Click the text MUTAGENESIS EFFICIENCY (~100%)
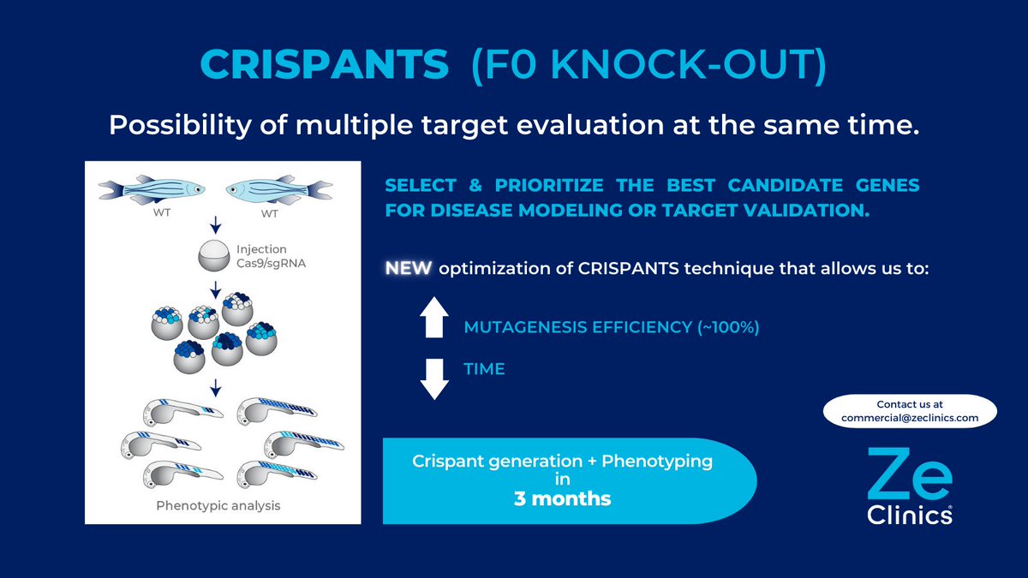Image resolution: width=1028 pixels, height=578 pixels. click(611, 326)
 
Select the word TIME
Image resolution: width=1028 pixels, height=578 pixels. click(484, 369)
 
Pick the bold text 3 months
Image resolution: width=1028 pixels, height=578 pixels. click(562, 498)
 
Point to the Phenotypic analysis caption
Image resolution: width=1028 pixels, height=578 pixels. click(218, 505)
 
